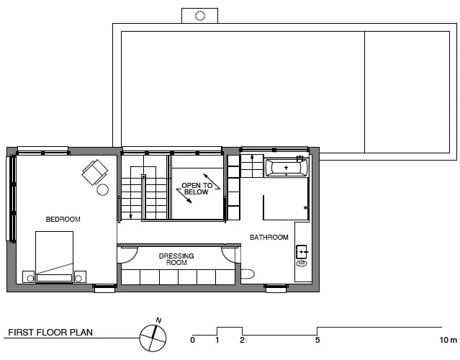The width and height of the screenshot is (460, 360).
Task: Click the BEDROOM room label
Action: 63,219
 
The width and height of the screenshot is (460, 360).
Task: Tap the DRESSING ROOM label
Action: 176,259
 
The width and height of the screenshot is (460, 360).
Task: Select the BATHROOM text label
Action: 269,237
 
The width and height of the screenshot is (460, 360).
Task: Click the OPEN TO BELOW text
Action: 197,189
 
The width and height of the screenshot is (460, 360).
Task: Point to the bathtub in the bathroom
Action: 287,168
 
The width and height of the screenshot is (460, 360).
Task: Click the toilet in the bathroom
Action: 248,274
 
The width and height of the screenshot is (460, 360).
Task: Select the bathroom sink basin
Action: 302,252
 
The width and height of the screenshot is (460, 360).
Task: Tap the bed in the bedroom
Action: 54,257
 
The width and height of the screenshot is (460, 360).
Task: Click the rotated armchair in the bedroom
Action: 95,172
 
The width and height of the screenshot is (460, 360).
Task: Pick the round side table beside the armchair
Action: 103,189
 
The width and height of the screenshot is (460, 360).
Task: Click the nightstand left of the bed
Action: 29,276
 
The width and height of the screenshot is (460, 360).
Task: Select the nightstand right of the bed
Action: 80,276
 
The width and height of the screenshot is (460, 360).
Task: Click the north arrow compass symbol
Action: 153,337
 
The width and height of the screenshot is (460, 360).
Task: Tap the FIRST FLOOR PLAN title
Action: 50,333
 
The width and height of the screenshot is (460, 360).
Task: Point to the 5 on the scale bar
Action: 317,340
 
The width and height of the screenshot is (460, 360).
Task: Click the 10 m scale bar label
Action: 448,340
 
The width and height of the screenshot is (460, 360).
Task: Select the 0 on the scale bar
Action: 192,340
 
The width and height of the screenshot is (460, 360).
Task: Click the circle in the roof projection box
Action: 200,16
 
